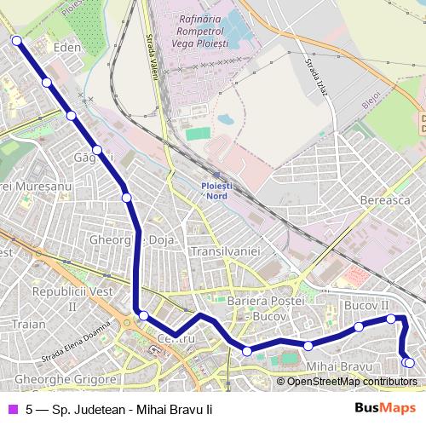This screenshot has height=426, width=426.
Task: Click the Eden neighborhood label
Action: (x=66, y=48)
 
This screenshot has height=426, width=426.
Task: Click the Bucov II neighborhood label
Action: (x=366, y=304)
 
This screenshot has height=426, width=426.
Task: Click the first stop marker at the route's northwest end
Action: (x=16, y=39)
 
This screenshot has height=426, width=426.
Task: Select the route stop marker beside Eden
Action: (x=46, y=82)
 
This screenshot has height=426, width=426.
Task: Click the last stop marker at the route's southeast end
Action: (x=409, y=363)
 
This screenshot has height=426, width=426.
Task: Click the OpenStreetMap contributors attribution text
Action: (x=352, y=382)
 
